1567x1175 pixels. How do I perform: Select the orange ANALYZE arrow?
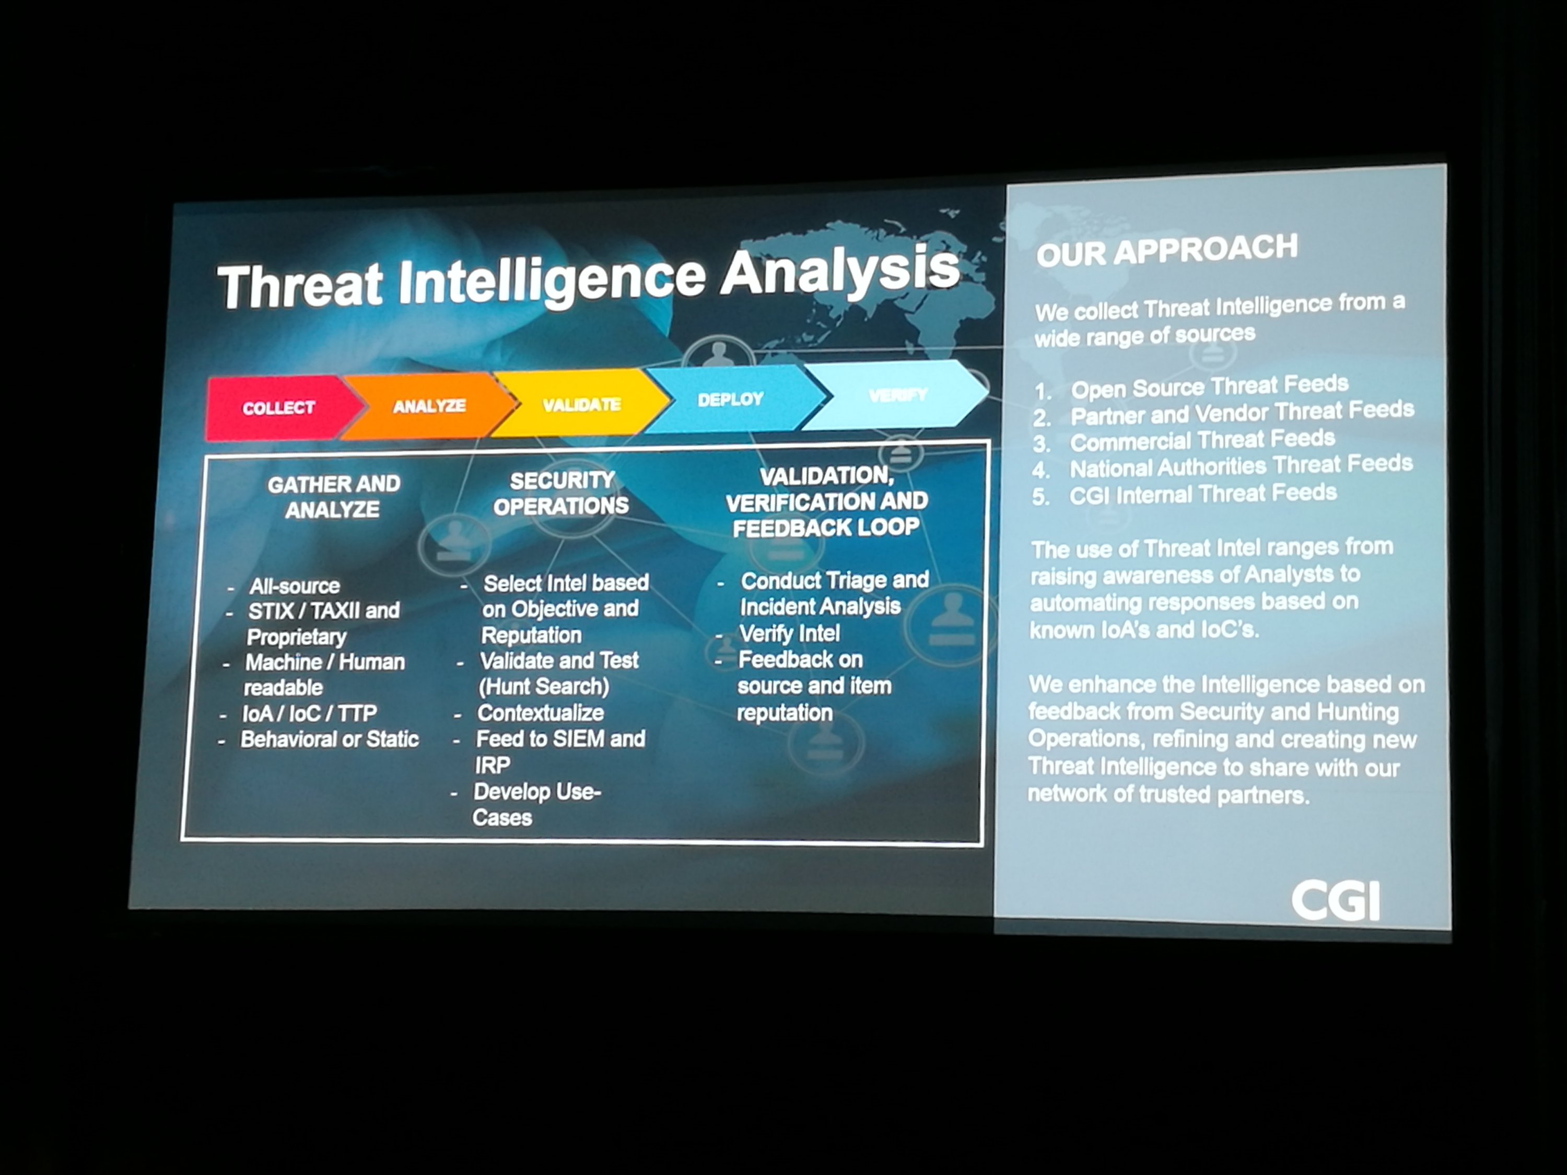coord(429,406)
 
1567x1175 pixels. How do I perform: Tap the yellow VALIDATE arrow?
coord(581,404)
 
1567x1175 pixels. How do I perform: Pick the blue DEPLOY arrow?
coord(733,399)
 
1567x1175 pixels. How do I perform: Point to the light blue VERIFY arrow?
coord(896,394)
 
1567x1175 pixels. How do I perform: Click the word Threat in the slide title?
coord(300,286)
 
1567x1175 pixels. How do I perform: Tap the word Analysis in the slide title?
coord(840,270)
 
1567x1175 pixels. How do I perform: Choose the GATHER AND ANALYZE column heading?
coord(334,497)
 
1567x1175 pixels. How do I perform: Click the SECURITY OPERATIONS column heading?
coord(561,493)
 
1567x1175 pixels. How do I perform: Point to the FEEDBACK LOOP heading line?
coord(826,527)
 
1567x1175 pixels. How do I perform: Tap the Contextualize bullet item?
coord(541,712)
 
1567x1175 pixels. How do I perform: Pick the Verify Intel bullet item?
coord(789,632)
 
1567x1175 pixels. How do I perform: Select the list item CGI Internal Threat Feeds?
coord(1203,494)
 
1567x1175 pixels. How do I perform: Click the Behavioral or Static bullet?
coord(330,739)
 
